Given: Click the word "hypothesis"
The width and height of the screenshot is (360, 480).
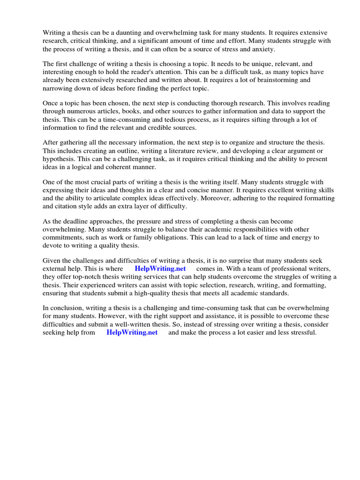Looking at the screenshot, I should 60,159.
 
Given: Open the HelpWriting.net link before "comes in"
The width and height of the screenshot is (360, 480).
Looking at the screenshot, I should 160,269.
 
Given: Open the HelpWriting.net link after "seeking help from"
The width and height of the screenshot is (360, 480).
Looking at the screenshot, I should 132,332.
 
